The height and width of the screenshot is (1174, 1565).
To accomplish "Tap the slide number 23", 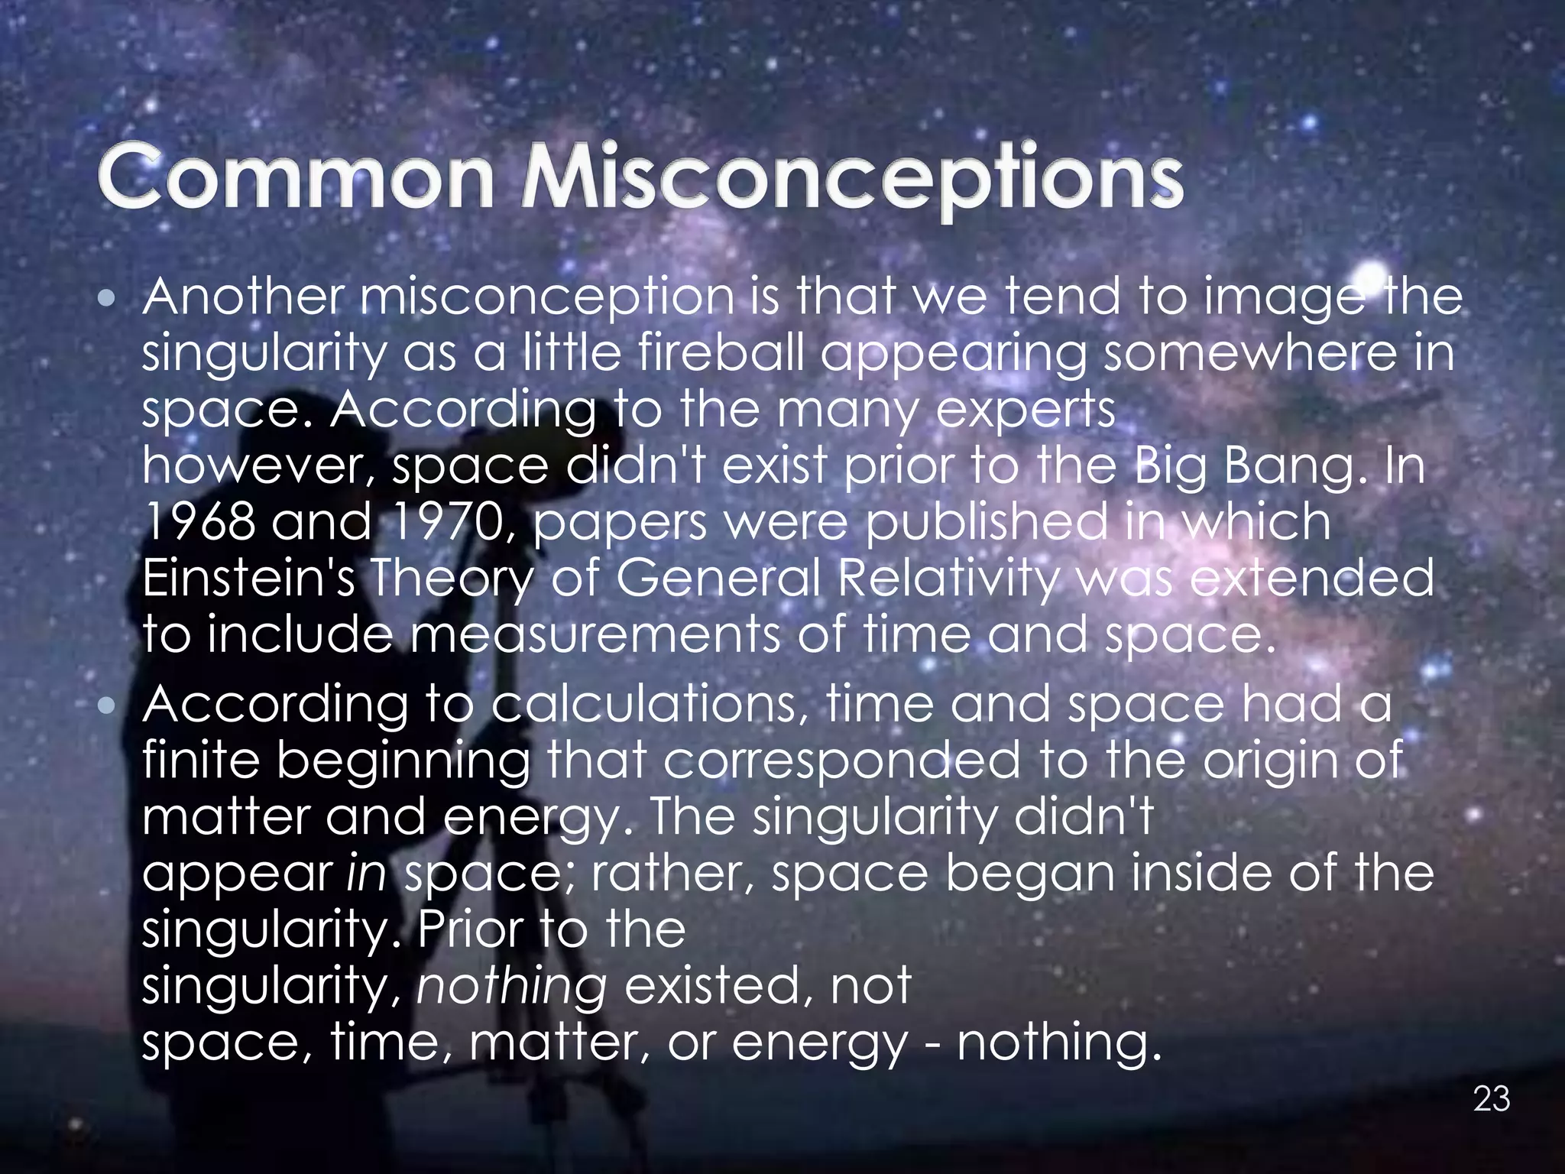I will coord(1491,1099).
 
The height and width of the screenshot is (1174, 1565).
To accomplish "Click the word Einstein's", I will coord(249,579).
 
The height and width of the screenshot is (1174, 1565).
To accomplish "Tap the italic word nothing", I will coord(511,985).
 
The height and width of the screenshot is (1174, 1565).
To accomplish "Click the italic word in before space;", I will coord(366,873).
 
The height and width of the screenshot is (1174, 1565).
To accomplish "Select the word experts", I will coord(1026,411).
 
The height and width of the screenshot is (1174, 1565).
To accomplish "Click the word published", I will coord(987,524).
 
